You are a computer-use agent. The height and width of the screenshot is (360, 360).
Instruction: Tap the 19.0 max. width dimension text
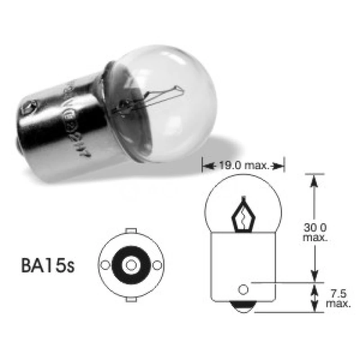(x=243, y=166)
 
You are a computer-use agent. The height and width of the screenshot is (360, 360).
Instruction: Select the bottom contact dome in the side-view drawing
(x=243, y=306)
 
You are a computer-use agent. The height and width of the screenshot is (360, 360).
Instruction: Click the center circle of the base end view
(x=130, y=265)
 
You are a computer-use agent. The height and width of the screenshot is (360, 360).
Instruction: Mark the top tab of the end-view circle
(x=130, y=231)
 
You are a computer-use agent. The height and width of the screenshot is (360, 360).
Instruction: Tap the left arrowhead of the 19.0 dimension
(x=206, y=166)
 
